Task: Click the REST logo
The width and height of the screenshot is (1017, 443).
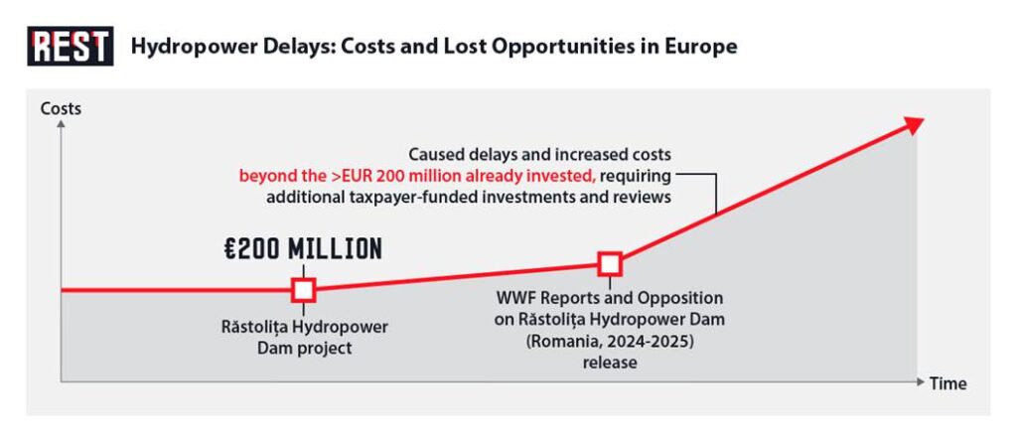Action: click(70, 46)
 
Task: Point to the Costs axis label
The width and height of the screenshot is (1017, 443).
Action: click(61, 108)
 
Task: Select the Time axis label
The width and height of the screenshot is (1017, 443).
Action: click(947, 383)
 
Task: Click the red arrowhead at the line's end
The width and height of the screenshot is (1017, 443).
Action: click(913, 123)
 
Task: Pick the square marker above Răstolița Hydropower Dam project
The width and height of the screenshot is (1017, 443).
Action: click(304, 289)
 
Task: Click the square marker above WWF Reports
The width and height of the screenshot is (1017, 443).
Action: click(610, 263)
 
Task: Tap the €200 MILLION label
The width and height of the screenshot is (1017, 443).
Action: click(303, 249)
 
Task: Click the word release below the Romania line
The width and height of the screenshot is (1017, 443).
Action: click(609, 363)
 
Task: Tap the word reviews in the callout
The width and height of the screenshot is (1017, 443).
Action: click(643, 197)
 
